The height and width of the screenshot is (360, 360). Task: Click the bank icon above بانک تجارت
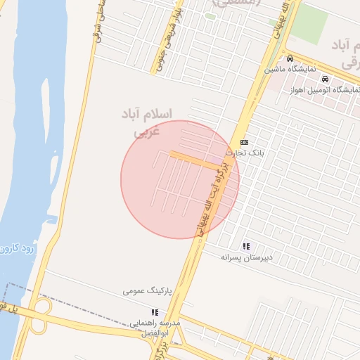tap(244, 142)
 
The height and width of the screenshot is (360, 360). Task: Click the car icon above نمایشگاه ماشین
tap(290, 58)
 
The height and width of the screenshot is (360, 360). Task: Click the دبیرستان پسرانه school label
tap(245, 257)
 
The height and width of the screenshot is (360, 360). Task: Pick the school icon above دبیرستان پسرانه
tap(246, 246)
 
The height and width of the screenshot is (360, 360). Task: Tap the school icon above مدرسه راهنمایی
tap(154, 311)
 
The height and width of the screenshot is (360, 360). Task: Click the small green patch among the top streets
tap(210, 16)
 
